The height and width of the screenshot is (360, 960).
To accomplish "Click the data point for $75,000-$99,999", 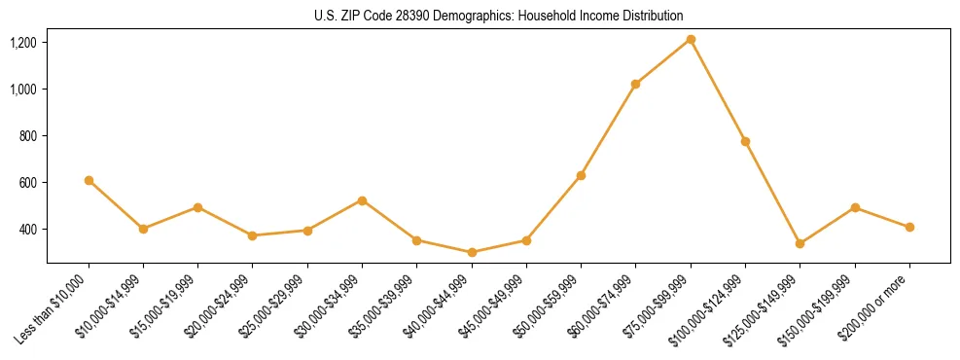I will (x=691, y=39).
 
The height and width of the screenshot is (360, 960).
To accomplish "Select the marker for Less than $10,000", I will (x=89, y=180).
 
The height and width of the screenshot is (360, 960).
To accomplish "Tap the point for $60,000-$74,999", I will (x=635, y=84).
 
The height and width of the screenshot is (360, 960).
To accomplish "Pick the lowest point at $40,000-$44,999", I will (x=472, y=252).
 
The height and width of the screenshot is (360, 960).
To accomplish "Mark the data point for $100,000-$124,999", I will (x=745, y=141).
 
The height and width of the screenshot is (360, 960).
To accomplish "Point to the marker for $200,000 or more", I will (x=909, y=227).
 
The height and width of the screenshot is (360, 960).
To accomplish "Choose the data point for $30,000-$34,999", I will (x=362, y=200).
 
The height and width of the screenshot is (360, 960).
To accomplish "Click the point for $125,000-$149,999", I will (x=800, y=243).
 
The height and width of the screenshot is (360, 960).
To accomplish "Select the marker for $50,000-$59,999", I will (x=581, y=175).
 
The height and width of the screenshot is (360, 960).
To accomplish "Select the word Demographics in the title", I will (x=486, y=17).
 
